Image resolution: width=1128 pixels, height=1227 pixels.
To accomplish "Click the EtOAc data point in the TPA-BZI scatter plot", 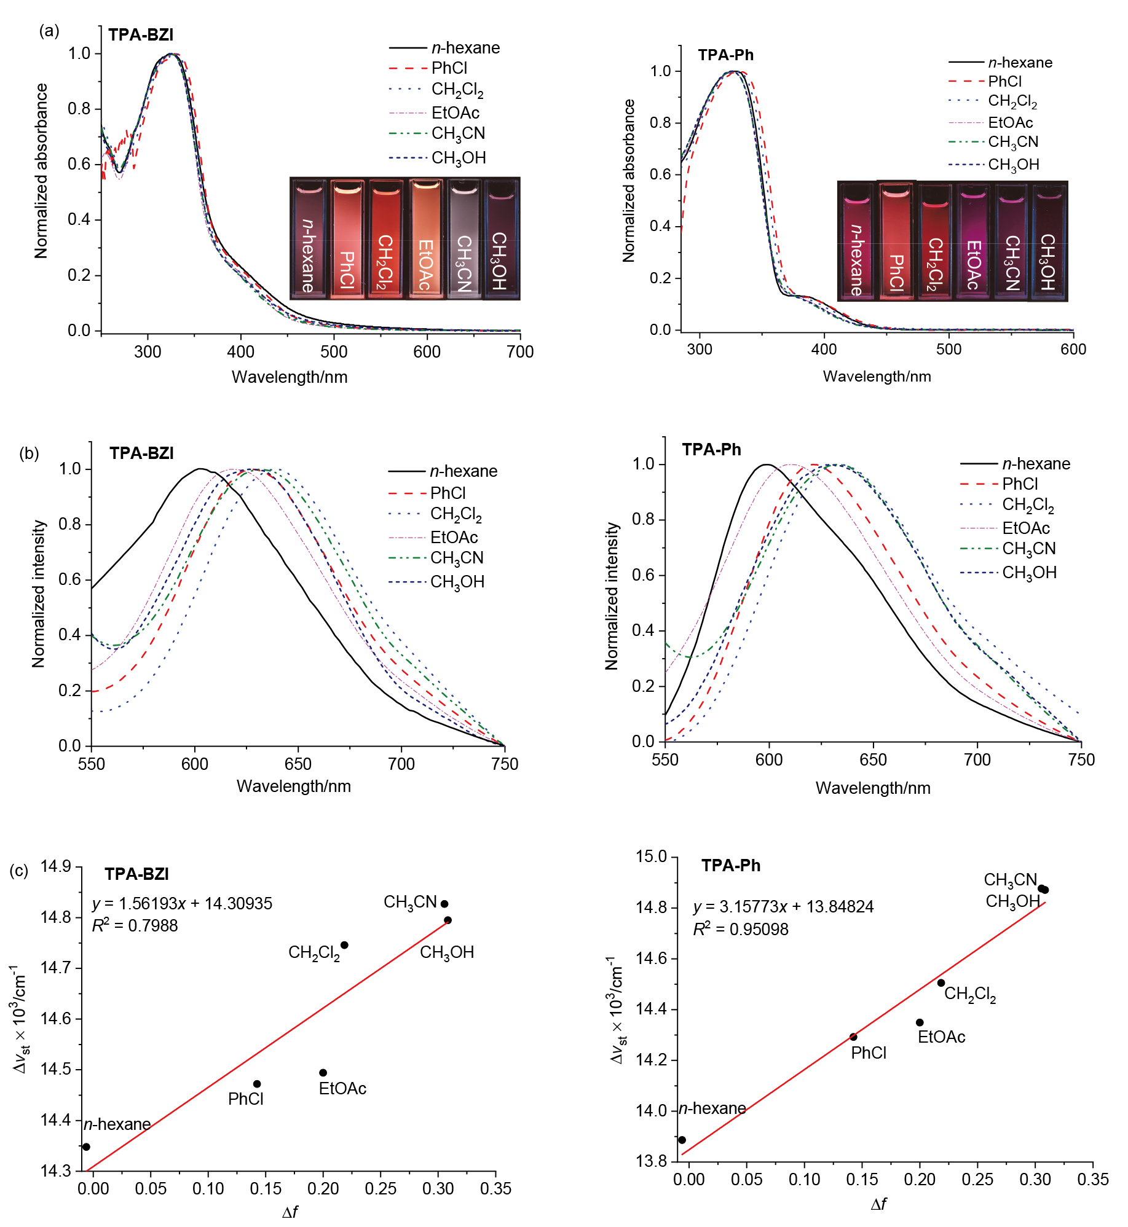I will (x=323, y=1073).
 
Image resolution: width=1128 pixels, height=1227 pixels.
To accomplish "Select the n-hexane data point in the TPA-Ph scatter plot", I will (x=682, y=1140).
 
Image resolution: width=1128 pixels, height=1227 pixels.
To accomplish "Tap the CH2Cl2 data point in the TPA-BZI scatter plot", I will (x=344, y=945).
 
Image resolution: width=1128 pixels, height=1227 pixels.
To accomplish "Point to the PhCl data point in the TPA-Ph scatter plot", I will (x=853, y=1037).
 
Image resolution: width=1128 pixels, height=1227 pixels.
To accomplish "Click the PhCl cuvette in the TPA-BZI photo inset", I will (x=347, y=238).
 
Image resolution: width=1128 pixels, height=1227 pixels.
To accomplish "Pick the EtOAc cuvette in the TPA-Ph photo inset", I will (x=973, y=241).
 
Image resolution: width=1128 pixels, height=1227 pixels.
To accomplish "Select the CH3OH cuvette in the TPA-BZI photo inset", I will (x=500, y=238).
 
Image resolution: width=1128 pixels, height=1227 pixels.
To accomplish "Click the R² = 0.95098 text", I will (x=741, y=929).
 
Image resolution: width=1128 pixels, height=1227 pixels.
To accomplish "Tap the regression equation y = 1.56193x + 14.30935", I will (x=182, y=903).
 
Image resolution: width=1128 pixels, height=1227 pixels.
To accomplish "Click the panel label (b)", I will (x=29, y=453).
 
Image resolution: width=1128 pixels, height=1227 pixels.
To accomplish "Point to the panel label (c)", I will (x=19, y=871).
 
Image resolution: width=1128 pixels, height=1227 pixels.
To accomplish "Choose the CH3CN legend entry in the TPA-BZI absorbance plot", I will (x=458, y=134).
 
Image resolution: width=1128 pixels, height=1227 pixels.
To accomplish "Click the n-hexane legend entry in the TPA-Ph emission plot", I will (x=1036, y=464).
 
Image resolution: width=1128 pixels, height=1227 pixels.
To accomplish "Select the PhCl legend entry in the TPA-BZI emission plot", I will (x=448, y=493).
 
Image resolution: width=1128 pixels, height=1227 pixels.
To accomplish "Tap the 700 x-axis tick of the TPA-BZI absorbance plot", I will (x=520, y=351).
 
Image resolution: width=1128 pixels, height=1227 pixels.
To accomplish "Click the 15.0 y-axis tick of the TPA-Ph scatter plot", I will (x=651, y=857).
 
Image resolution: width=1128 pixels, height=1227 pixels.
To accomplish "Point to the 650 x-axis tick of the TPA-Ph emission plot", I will (x=873, y=760).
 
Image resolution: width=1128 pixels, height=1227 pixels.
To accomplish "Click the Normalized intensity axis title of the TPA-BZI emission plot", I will (x=39, y=594).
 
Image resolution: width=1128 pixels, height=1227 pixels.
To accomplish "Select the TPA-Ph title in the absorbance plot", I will (x=725, y=55).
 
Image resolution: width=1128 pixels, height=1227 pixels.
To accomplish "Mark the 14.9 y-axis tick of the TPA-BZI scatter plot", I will (x=56, y=867).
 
